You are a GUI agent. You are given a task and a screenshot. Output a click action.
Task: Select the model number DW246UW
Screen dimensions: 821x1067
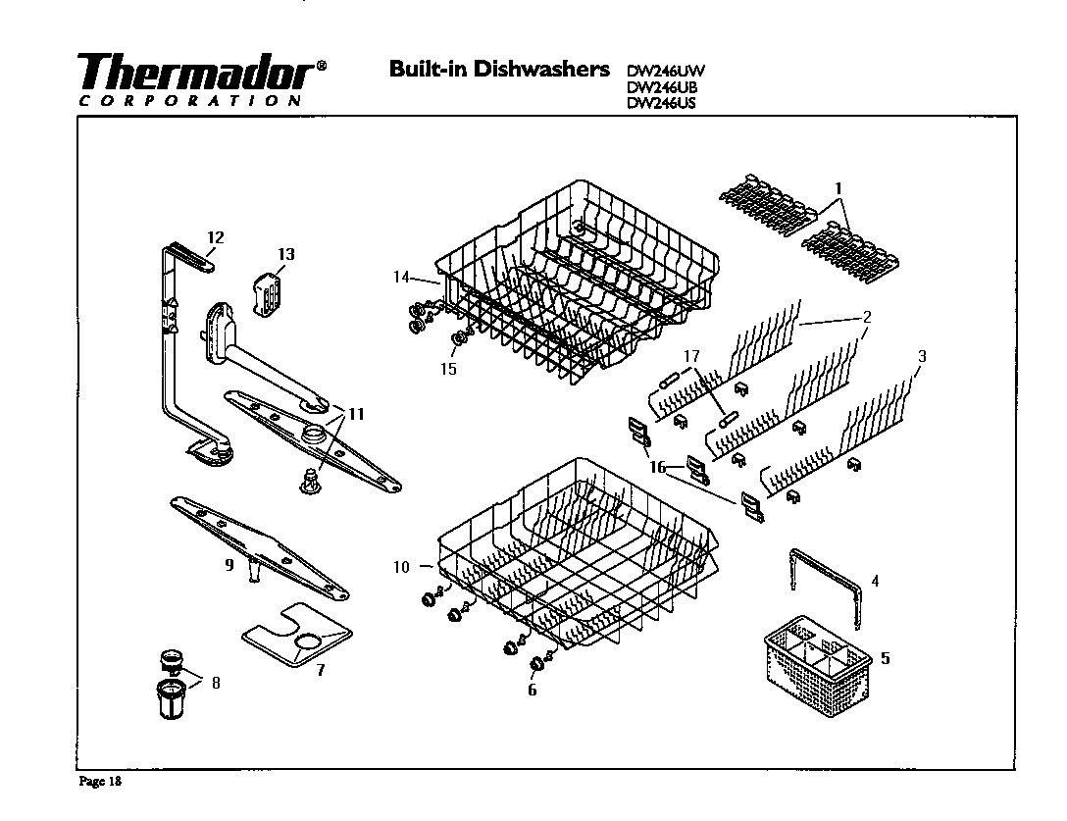(x=666, y=70)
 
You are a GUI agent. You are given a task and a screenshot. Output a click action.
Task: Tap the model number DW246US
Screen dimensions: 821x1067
(x=661, y=102)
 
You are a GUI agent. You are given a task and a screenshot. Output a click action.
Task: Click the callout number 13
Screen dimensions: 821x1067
(x=284, y=255)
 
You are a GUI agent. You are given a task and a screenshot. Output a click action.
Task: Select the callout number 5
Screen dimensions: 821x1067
(x=886, y=658)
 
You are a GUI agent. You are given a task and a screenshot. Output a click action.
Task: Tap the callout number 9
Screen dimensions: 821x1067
(x=228, y=565)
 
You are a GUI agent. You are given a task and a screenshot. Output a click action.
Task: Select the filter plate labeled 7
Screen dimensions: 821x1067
(x=294, y=643)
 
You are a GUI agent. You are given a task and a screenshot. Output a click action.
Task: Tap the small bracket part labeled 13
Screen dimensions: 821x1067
(x=270, y=293)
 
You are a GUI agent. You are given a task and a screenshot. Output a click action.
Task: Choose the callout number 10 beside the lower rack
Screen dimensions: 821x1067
(x=400, y=566)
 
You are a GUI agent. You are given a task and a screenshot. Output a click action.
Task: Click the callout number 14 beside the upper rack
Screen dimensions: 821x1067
(x=400, y=278)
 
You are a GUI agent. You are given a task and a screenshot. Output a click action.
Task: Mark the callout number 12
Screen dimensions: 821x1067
(x=216, y=236)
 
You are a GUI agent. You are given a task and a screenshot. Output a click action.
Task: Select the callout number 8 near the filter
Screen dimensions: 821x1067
(x=215, y=683)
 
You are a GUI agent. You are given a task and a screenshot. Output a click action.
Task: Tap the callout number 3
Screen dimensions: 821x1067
(x=920, y=354)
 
